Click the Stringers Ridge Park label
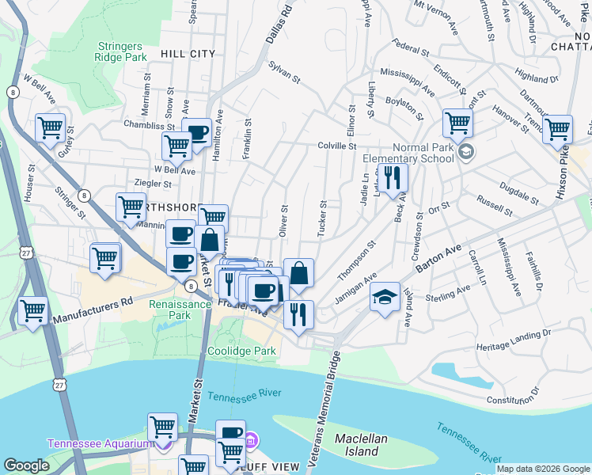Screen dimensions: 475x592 [x=121, y=51]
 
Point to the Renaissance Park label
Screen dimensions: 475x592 [x=169, y=309]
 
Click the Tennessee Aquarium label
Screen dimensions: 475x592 [x=99, y=443]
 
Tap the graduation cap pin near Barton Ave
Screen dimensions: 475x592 [x=385, y=297]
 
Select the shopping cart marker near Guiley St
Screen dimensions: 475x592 [x=50, y=127]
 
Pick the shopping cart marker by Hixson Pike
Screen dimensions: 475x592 [x=558, y=128]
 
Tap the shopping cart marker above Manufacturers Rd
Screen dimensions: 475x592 [x=32, y=310]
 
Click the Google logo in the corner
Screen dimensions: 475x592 [x=27, y=466]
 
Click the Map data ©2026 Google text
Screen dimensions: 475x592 [x=542, y=469]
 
